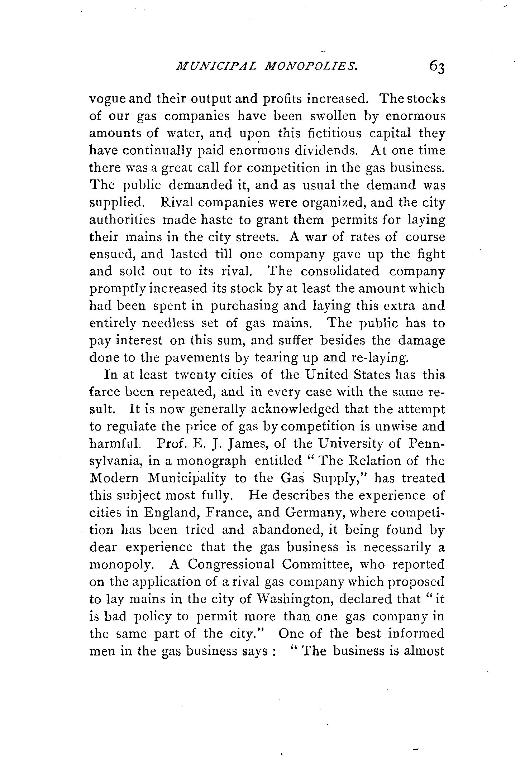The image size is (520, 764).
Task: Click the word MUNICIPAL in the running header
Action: tap(224, 66)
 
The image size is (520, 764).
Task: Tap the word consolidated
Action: tap(340, 271)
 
